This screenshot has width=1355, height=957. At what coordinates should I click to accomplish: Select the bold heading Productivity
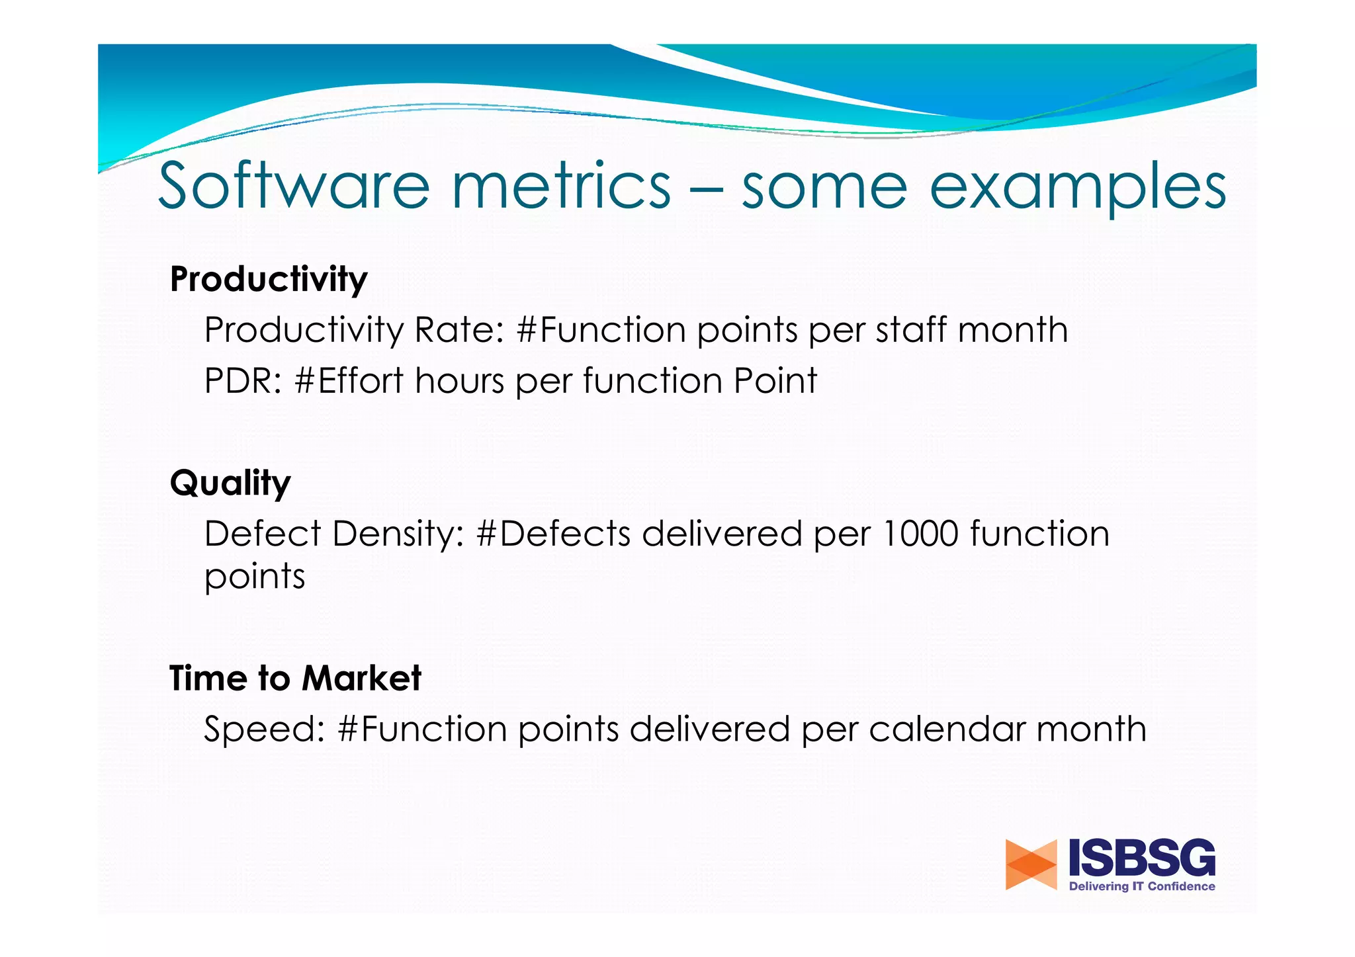click(269, 280)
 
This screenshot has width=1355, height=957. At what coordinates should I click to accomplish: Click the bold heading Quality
click(230, 483)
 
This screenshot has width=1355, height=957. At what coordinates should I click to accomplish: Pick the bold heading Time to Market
click(295, 679)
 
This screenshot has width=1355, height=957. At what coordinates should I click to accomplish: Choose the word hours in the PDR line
click(460, 382)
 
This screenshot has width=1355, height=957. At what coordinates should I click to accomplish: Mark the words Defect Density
click(334, 534)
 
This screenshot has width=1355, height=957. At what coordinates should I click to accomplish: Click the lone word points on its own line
click(255, 577)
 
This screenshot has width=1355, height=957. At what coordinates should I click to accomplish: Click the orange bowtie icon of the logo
click(1030, 864)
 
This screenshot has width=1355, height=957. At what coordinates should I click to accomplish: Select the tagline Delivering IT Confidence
click(1142, 887)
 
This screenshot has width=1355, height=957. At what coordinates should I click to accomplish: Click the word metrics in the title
click(561, 187)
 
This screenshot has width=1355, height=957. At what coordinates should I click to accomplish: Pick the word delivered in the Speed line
click(709, 729)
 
